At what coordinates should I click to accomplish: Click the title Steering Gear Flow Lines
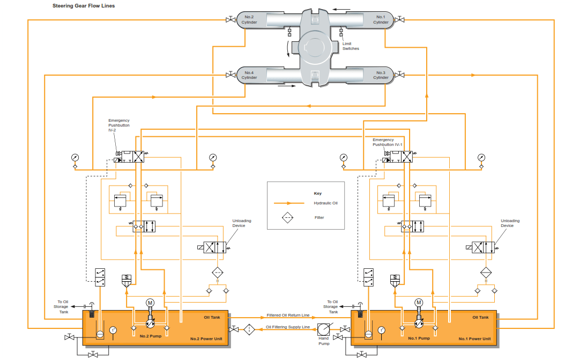[x=83, y=6]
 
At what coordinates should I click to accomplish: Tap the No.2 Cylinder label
[x=249, y=20]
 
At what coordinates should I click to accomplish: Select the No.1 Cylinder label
[x=381, y=20]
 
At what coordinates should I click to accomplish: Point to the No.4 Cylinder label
[x=249, y=75]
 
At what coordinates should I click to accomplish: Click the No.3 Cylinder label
[x=381, y=75]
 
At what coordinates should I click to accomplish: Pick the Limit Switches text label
[x=351, y=46]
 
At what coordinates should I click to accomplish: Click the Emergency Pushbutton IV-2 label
[x=118, y=126]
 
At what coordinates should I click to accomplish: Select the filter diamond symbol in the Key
[x=288, y=218]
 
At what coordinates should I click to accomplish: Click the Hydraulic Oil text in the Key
[x=326, y=203]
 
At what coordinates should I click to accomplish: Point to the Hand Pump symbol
[x=323, y=329]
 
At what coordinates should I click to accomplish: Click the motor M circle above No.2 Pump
[x=150, y=303]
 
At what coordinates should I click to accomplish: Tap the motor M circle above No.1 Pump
[x=419, y=303]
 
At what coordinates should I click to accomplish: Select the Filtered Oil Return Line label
[x=288, y=315]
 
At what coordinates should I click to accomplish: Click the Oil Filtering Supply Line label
[x=288, y=327]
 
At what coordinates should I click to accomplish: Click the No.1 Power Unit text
[x=474, y=339]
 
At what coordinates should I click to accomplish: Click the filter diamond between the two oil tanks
[x=249, y=329]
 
